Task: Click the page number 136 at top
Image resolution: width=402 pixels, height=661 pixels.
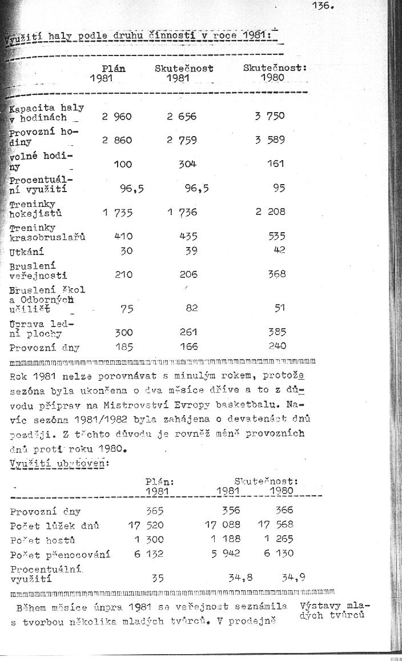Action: (x=323, y=7)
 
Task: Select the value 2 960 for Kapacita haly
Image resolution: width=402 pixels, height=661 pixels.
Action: (x=117, y=117)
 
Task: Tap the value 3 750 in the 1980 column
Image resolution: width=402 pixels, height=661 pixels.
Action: (x=270, y=116)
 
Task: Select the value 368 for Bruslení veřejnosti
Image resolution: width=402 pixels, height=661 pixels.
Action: (x=276, y=274)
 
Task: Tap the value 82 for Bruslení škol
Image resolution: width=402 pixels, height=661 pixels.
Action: (x=192, y=308)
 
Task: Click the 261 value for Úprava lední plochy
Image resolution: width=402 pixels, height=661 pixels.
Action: (x=188, y=332)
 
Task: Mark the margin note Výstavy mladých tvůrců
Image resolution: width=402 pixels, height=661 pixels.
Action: (x=334, y=611)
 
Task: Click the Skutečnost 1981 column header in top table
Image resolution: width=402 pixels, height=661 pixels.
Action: (x=184, y=73)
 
